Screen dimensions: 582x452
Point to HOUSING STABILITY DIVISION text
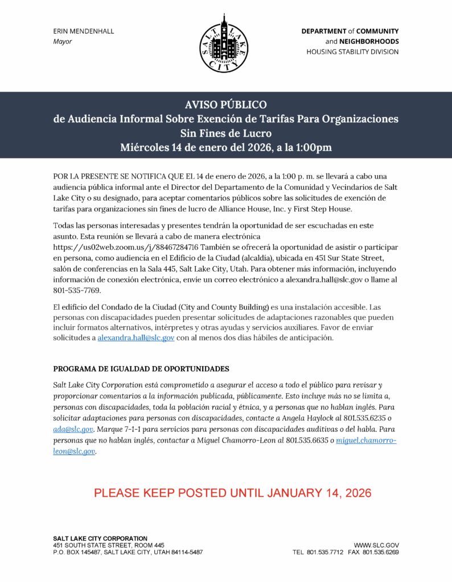pyautogui.click(x=352, y=52)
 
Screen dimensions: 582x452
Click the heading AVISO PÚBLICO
pyautogui.click(x=225, y=105)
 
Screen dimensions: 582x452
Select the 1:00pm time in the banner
pyautogui.click(x=313, y=148)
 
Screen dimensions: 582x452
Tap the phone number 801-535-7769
pyautogui.click(x=77, y=290)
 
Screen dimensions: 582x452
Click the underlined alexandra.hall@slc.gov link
pyautogui.click(x=136, y=338)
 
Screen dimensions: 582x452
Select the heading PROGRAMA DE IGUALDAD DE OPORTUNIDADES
pyautogui.click(x=141, y=368)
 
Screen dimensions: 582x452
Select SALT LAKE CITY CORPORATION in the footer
pyautogui.click(x=100, y=538)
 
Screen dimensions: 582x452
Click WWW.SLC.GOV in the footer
pyautogui.click(x=376, y=545)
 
